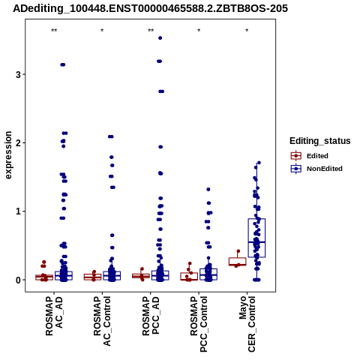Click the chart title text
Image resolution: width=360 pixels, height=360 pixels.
point(150,8)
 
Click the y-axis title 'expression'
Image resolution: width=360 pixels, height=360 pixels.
point(8,155)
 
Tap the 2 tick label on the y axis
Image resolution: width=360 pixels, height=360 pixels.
point(18,143)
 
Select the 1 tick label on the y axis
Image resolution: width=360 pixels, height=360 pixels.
point(18,211)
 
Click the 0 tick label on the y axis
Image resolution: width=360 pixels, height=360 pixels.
point(18,280)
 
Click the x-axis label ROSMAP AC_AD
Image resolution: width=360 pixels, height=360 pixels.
point(54,316)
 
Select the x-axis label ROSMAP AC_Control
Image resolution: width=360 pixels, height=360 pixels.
point(102,321)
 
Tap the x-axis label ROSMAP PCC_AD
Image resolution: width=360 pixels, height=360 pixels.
point(151,316)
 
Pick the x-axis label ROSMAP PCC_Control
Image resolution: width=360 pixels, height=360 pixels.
point(199,324)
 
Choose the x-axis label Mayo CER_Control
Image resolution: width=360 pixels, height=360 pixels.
point(247,324)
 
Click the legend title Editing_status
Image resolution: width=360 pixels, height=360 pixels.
point(320,141)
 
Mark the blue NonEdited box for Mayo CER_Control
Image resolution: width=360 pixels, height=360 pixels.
point(256,238)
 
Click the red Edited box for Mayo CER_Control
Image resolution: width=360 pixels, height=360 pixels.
point(237,262)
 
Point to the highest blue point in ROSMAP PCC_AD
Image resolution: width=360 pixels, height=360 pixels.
point(160,38)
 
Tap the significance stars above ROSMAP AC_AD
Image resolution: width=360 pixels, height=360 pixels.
point(54,31)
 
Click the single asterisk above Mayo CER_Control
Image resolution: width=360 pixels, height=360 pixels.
point(247,31)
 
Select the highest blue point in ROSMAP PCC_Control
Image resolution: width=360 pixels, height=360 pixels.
point(208,190)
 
